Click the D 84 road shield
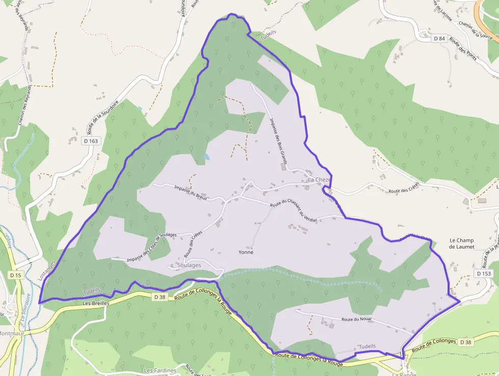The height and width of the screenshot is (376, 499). (x=439, y=38)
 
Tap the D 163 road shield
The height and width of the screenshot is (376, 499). (x=90, y=141)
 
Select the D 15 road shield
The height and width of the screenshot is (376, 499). (x=16, y=275)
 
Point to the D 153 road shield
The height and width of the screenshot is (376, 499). (x=484, y=273)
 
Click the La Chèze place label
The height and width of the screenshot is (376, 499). (x=319, y=180)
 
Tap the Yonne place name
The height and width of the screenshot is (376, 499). (x=246, y=252)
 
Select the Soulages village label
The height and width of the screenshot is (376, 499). (x=189, y=265)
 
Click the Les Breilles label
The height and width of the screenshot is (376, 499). (x=96, y=303)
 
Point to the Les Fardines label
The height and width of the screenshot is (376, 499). (x=160, y=370)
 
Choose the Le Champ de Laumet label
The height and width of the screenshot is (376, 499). (x=461, y=243)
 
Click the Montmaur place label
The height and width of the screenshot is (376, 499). (x=11, y=334)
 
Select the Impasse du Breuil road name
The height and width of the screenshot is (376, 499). (x=190, y=192)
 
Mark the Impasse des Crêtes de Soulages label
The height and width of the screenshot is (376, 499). (x=152, y=247)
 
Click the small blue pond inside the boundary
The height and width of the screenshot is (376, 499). (x=205, y=157)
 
